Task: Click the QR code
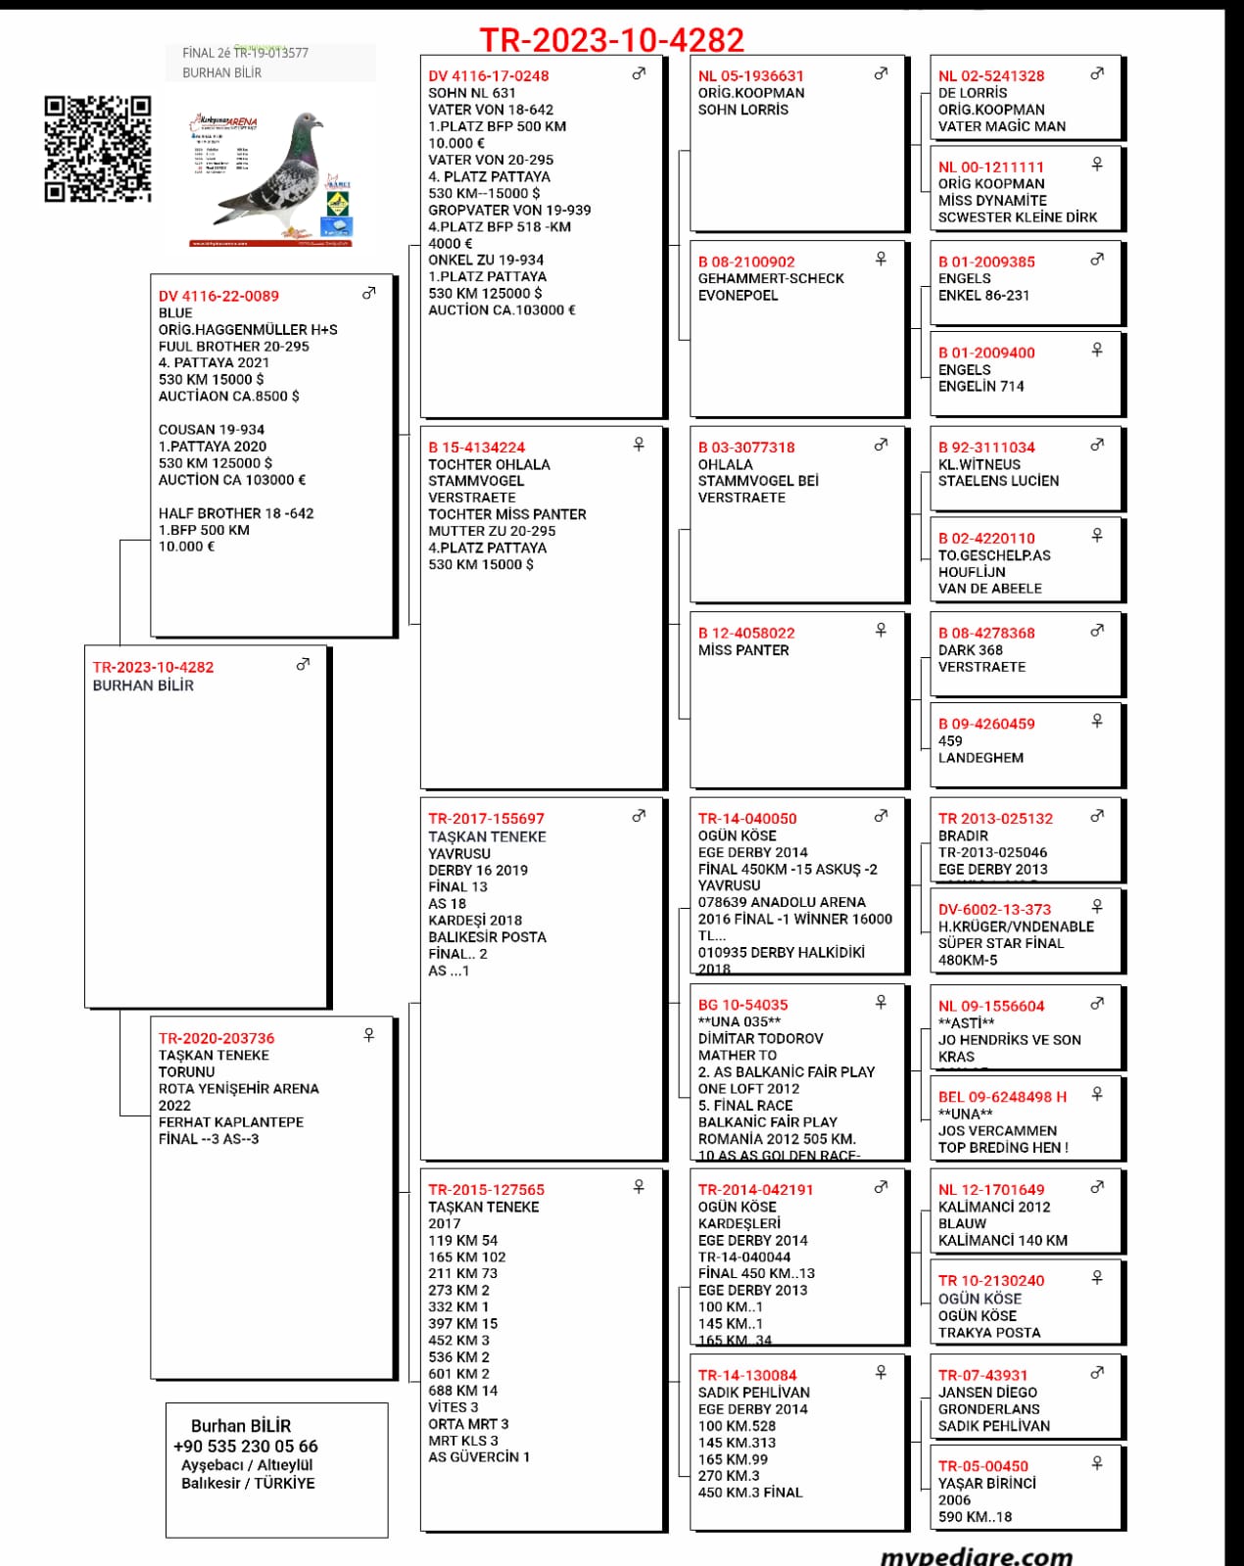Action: (98, 149)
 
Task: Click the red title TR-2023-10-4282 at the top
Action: (611, 40)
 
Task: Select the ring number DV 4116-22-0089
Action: (218, 296)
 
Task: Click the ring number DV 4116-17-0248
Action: (488, 76)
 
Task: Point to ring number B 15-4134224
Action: (476, 448)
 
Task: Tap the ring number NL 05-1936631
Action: (750, 76)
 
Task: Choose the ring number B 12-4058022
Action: (746, 634)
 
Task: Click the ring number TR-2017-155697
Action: (486, 819)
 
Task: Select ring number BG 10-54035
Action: (742, 1005)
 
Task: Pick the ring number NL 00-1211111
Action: (991, 167)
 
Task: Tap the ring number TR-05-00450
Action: (983, 1466)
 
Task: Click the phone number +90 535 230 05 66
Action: (246, 1447)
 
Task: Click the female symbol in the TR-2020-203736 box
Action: (369, 1035)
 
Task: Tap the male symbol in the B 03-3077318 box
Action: (881, 446)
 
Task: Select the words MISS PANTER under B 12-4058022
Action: (743, 650)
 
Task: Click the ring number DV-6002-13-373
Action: (994, 910)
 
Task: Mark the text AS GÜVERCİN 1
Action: (479, 1457)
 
